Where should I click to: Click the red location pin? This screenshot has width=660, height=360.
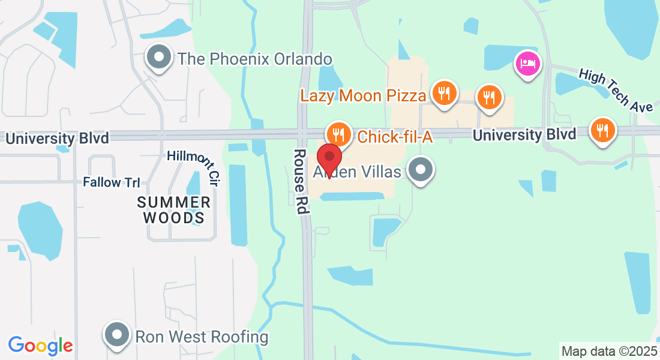(329, 159)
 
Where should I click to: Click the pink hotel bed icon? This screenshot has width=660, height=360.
(528, 63)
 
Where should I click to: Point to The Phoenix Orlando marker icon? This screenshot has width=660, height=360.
(159, 58)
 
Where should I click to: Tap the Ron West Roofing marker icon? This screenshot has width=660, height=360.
(118, 334)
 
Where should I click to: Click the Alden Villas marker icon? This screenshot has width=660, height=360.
(421, 170)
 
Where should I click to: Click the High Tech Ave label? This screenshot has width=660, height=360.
(616, 91)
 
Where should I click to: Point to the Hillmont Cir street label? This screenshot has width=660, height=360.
(193, 166)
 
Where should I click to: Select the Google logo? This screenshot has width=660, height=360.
(40, 346)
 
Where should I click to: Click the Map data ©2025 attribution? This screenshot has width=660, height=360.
(608, 351)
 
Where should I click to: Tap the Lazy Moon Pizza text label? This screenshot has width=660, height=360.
(363, 95)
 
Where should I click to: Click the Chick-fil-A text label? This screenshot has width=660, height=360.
(395, 137)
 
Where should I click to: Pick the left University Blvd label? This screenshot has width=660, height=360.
(58, 139)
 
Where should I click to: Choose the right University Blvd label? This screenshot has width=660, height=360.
(524, 134)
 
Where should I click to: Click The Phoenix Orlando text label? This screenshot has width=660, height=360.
(254, 59)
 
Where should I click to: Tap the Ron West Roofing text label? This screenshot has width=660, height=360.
(202, 337)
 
